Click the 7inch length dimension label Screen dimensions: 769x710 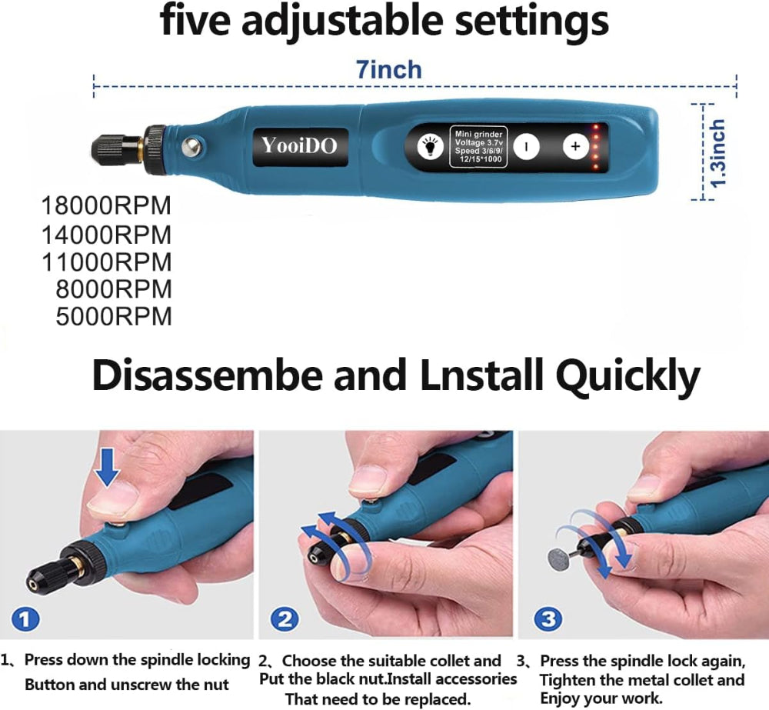pyautogui.click(x=389, y=70)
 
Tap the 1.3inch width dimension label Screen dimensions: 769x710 pyautogui.click(x=718, y=153)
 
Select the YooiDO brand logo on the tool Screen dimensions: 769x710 pyautogui.click(x=300, y=145)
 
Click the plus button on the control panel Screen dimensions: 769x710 pyautogui.click(x=575, y=146)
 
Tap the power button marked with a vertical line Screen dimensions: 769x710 pyautogui.click(x=526, y=146)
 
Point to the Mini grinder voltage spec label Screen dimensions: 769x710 pyautogui.click(x=478, y=146)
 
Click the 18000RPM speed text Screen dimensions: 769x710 pyautogui.click(x=106, y=205)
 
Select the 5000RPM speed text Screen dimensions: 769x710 pyautogui.click(x=114, y=316)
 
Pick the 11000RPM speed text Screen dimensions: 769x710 pyautogui.click(x=106, y=262)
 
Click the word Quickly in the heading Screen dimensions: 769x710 pyautogui.click(x=628, y=376)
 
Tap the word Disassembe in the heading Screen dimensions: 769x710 pyautogui.click(x=208, y=375)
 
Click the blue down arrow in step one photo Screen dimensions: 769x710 pyautogui.click(x=107, y=468)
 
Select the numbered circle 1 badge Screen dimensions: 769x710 pyautogui.click(x=25, y=618)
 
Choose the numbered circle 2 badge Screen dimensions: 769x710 pyautogui.click(x=285, y=618)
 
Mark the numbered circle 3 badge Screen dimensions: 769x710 pyautogui.click(x=548, y=618)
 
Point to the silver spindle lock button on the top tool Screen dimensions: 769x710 pyautogui.click(x=193, y=146)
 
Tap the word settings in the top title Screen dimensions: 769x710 pyautogui.click(x=532, y=22)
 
